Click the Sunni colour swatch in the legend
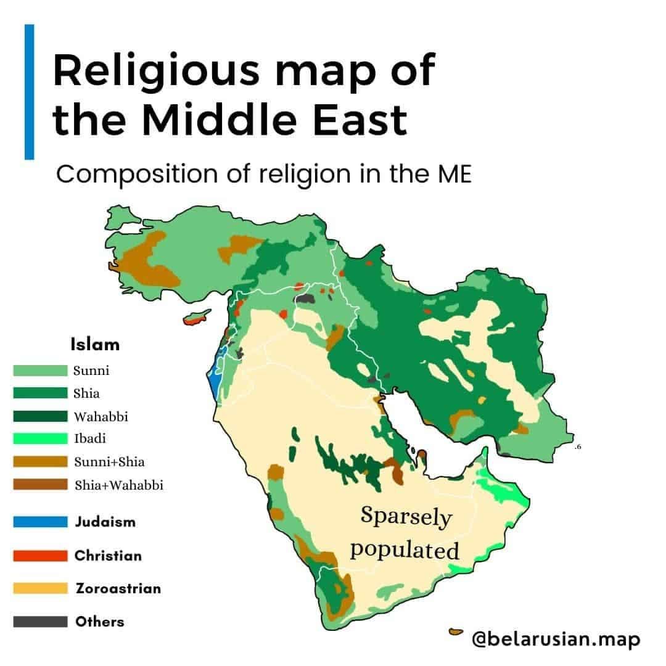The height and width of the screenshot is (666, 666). (x=40, y=370)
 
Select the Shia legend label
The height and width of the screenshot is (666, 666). (x=86, y=393)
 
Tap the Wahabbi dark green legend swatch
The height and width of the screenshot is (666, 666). (x=40, y=416)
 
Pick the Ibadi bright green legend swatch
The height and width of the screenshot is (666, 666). (x=40, y=439)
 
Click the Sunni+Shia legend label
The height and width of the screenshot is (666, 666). (x=109, y=462)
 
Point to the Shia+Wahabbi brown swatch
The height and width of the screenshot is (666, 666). (x=40, y=485)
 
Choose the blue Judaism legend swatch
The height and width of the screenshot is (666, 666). (x=40, y=522)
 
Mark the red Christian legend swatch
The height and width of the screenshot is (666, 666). (x=40, y=556)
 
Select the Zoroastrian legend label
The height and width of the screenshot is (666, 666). (x=118, y=588)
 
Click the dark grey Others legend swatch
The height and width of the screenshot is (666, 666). (x=40, y=622)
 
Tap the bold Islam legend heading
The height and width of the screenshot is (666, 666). (x=95, y=344)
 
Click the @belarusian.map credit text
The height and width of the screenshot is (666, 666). (x=555, y=639)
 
